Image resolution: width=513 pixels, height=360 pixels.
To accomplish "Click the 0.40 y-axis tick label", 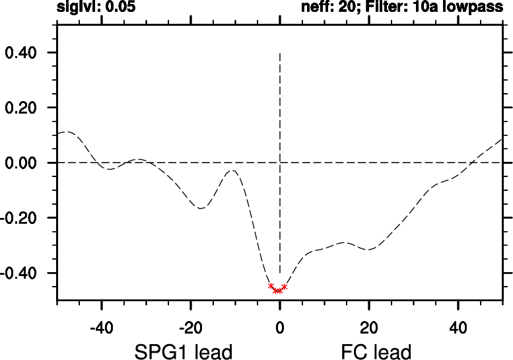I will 23,53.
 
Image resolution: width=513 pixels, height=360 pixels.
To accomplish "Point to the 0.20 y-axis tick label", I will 23,108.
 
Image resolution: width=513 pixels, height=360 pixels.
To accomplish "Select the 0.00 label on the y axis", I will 23,163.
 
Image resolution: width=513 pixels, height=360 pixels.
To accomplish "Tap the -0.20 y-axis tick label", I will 21,218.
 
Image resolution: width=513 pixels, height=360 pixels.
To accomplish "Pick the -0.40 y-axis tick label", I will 21,273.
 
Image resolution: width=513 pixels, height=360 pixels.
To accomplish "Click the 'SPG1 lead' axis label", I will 184,351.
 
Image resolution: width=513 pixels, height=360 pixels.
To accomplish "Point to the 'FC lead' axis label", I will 376,351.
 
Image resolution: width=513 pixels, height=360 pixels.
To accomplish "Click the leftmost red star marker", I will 271,285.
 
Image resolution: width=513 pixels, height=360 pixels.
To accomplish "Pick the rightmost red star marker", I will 285,287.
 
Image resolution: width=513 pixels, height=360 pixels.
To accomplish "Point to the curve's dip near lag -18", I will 201,209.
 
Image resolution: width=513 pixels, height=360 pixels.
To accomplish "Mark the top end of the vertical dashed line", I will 280,53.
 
